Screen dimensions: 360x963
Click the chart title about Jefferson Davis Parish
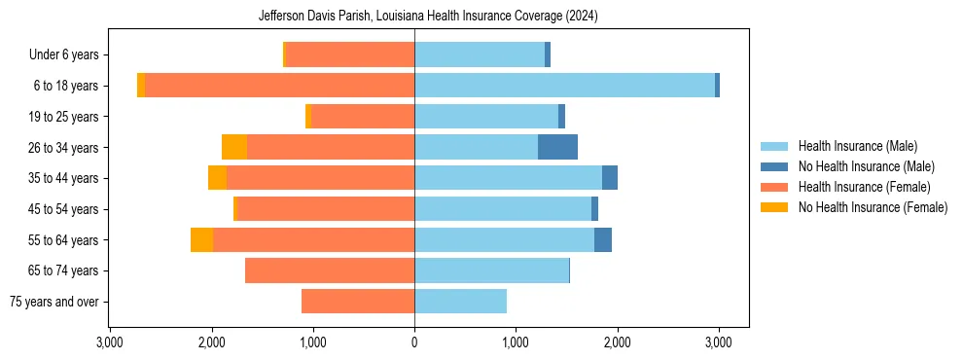point(428,17)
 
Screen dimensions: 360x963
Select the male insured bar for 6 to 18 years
point(564,86)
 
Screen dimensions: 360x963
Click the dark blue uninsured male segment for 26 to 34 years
point(557,147)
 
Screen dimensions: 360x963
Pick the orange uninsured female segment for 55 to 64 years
point(201,239)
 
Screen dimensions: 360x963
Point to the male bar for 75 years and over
point(460,302)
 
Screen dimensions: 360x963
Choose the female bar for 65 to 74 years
point(330,270)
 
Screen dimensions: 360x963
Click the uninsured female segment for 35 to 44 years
point(217,178)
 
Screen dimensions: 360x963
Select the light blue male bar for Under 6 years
point(480,54)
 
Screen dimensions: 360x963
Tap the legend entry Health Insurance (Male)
point(857,146)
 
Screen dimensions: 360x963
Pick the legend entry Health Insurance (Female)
point(861,187)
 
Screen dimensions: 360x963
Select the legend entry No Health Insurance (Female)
point(872,207)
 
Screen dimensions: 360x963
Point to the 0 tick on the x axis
point(414,342)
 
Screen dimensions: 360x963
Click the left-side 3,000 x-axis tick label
point(110,342)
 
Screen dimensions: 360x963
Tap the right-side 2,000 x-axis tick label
point(617,342)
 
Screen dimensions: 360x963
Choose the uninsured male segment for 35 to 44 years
point(610,178)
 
